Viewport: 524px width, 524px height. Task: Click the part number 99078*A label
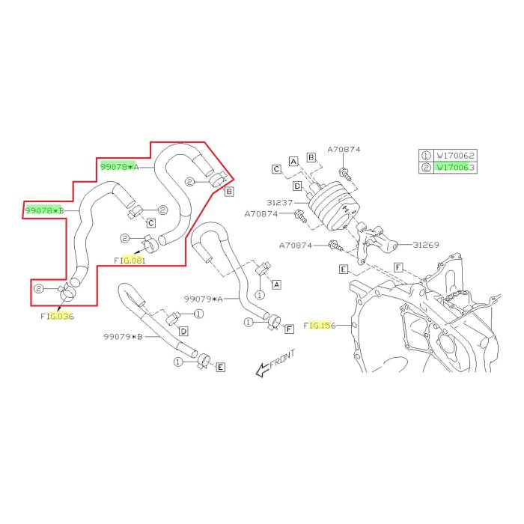coord(120,166)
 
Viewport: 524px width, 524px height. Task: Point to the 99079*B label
coord(124,337)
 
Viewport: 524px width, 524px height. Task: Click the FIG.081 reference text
coord(130,261)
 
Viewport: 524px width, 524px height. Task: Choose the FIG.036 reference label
coord(58,316)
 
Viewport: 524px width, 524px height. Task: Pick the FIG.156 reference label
coord(320,326)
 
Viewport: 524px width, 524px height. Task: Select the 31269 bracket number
coord(425,244)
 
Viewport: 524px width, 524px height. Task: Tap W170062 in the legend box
coord(455,155)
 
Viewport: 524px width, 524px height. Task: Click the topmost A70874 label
coord(344,150)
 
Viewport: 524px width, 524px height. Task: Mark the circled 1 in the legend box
coord(427,155)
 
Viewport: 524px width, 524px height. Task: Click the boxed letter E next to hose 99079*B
coord(220,368)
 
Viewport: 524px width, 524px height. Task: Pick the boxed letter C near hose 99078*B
coord(150,223)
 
